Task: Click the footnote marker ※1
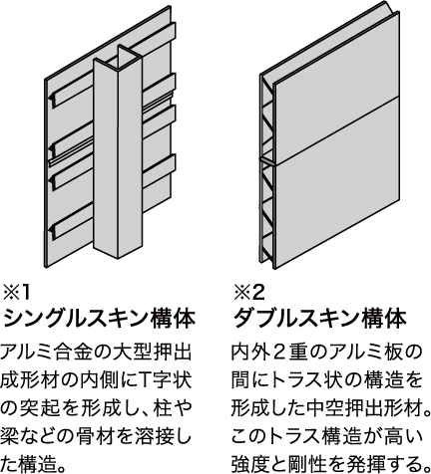[x=17, y=293]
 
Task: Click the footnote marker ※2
[x=249, y=293]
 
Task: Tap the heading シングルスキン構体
[x=99, y=319]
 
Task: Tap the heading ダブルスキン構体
[x=320, y=319]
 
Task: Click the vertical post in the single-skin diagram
[x=118, y=156]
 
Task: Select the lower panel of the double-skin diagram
[x=336, y=182]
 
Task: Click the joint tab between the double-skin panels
[x=267, y=161]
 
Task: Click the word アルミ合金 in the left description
[x=51, y=353]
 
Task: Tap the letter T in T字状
[x=149, y=380]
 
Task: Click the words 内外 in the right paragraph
[x=250, y=353]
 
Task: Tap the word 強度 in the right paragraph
[x=250, y=463]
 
